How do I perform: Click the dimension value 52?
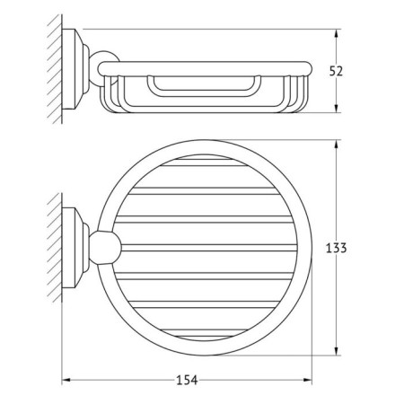tap(336, 71)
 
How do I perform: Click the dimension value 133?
tap(336, 248)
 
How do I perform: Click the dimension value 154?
tap(187, 380)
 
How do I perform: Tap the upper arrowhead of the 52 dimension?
tap(337, 33)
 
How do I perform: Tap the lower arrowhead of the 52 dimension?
tap(337, 109)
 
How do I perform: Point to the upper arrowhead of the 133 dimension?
tap(337, 145)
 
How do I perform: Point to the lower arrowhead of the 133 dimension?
tap(337, 351)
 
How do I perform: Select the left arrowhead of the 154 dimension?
tap(66, 380)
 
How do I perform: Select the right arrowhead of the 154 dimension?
tap(308, 380)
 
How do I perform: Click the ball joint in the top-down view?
tap(105, 248)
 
